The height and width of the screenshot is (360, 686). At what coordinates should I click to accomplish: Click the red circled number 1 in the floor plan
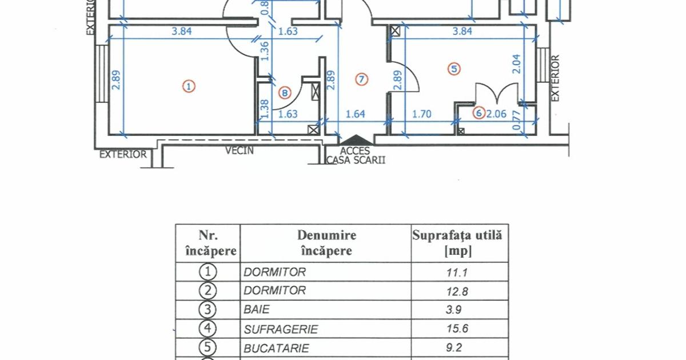tap(189, 86)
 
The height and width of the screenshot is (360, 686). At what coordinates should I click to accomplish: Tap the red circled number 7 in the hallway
tap(361, 79)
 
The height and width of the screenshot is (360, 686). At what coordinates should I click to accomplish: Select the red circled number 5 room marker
tap(454, 69)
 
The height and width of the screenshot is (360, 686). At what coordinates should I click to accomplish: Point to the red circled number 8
tap(285, 93)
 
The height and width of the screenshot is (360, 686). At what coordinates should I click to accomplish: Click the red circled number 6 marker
tap(479, 113)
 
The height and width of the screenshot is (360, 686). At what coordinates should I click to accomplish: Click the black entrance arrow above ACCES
tap(356, 139)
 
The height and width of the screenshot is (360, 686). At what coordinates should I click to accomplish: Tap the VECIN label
tap(240, 150)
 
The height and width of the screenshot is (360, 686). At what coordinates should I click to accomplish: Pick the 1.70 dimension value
tap(422, 114)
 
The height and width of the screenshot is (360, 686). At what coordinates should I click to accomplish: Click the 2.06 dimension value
tap(496, 114)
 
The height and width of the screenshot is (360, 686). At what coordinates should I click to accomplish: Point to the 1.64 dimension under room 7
tap(355, 114)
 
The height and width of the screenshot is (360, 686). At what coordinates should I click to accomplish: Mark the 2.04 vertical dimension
tap(516, 64)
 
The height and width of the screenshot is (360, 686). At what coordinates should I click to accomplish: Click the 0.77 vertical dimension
tap(516, 120)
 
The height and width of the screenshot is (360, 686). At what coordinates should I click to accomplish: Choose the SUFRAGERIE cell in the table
tap(281, 329)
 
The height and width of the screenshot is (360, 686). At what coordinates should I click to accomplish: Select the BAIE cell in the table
tap(257, 310)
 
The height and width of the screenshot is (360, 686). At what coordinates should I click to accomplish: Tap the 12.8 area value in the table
tap(457, 291)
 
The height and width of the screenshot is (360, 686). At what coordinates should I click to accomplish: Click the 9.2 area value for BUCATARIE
tap(454, 348)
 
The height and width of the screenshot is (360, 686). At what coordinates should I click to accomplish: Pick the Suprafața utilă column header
tap(457, 243)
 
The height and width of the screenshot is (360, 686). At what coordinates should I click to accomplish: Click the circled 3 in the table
tap(208, 310)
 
